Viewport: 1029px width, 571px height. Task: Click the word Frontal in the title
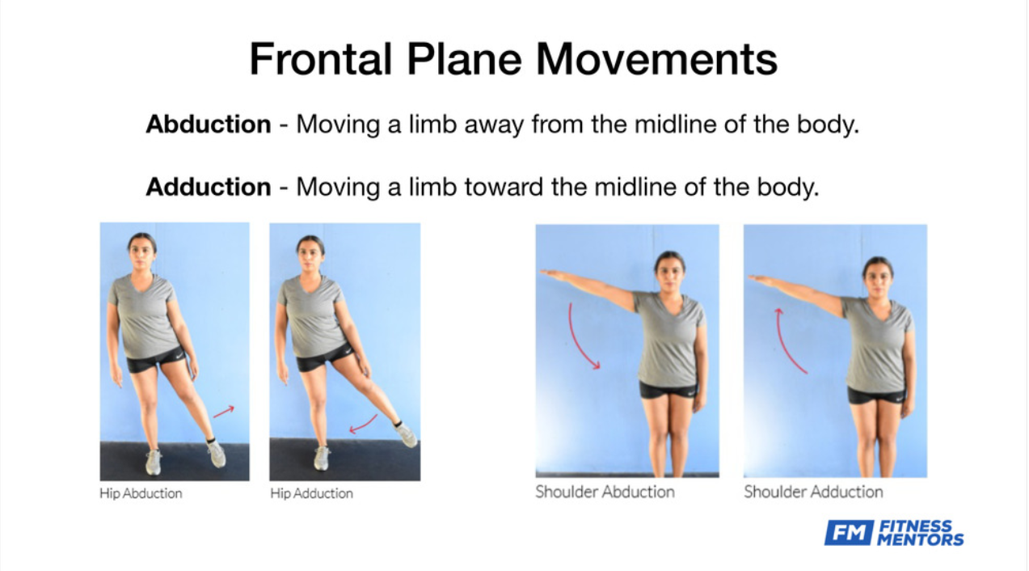coord(321,59)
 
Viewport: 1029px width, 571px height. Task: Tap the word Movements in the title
coord(656,59)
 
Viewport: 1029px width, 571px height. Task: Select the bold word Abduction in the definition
coord(209,124)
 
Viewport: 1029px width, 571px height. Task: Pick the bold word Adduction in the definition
coord(209,187)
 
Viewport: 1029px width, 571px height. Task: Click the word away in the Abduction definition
coord(494,125)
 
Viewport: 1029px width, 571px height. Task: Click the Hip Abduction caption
coord(141,494)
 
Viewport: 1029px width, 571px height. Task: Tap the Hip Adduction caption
coord(311,494)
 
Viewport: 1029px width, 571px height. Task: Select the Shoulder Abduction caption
coord(605,492)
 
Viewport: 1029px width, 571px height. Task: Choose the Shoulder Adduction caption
coord(813,492)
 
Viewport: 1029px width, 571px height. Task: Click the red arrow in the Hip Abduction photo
coord(224,412)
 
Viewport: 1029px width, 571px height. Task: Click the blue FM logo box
coord(849,532)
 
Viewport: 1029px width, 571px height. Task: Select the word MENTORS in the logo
coord(921,539)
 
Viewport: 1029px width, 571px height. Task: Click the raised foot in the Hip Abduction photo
coord(216,453)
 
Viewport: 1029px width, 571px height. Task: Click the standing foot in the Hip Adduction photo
coord(322,458)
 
